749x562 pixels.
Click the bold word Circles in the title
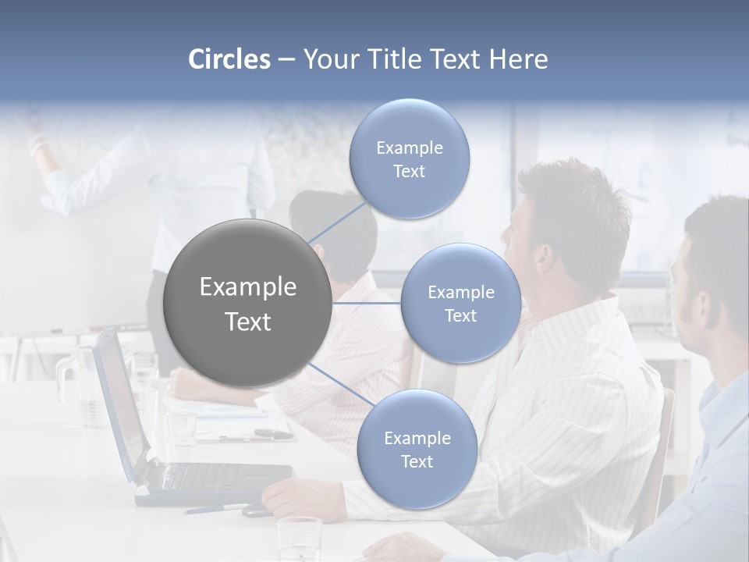click(229, 59)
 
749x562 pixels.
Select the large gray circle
click(248, 303)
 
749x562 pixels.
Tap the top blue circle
click(410, 159)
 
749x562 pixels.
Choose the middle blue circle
click(461, 303)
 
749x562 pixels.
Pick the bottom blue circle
click(417, 450)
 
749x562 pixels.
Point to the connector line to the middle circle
click(367, 303)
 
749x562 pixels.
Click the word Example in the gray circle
click(248, 287)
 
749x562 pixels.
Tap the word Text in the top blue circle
click(410, 172)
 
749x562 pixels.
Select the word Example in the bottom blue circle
click(417, 439)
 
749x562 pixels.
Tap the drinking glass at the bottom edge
click(300, 539)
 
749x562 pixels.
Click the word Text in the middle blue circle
click(461, 315)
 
